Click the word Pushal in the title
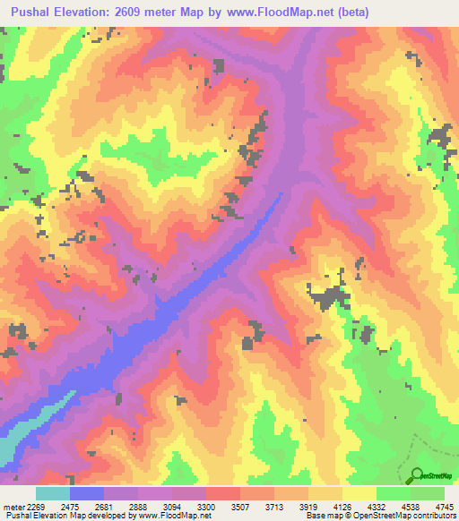[35, 13]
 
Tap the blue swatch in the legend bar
[87, 493]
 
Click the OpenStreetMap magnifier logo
[419, 475]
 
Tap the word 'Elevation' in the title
[91, 13]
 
